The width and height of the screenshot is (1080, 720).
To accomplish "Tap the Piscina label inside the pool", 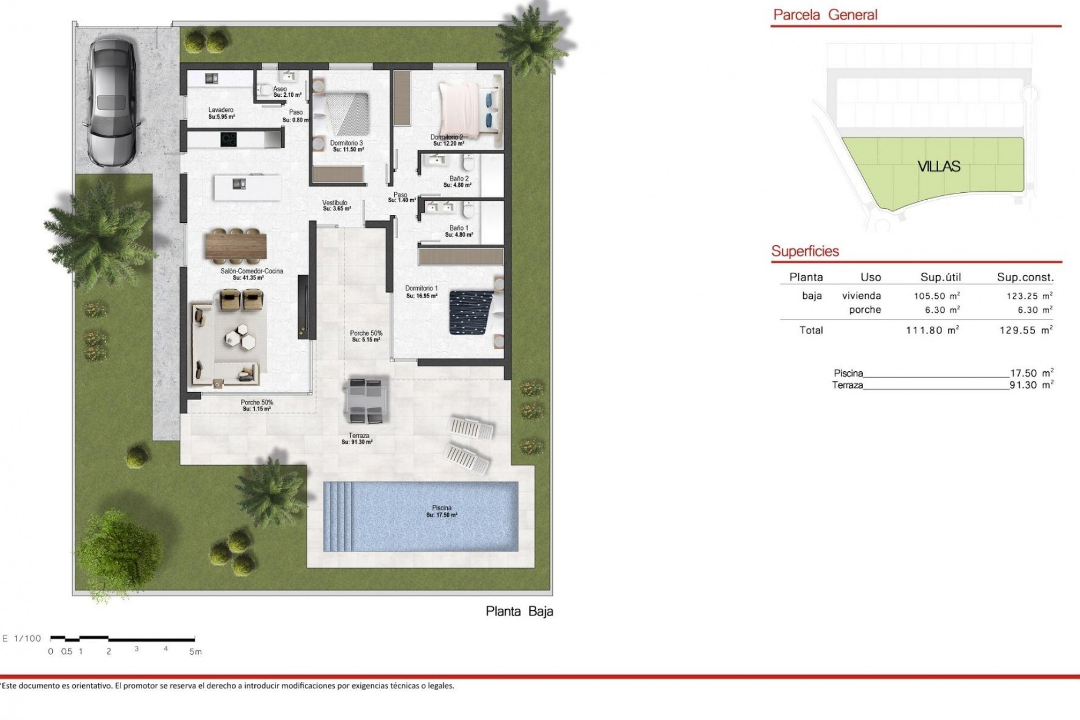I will pos(442,508).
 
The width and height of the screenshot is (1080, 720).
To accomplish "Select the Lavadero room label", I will pos(220,110).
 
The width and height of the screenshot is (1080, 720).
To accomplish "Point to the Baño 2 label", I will pos(458,179).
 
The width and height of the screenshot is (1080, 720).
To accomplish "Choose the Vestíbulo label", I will pos(335,202).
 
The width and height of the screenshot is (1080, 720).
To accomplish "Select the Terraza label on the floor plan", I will pos(359,436).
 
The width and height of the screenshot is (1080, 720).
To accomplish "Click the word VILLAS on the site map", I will pos(939,166).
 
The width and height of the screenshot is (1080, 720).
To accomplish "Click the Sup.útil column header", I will pos(940,277).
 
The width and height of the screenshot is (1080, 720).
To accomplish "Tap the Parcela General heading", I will pos(825,15).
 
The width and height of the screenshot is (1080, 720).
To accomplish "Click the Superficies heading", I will pos(805,251).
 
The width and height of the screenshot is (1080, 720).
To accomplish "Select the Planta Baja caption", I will pos(519,611).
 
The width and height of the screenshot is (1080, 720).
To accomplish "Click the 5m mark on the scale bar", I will pos(195,651).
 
